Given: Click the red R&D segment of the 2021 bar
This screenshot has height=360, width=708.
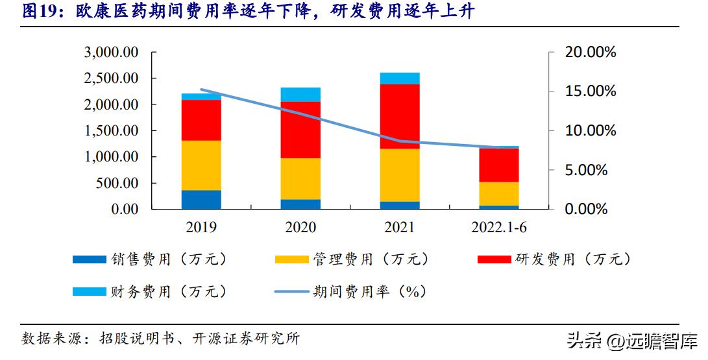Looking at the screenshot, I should (400, 117).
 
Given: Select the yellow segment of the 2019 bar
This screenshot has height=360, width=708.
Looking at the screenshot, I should (201, 165).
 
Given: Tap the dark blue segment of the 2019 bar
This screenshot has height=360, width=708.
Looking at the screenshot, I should (201, 200).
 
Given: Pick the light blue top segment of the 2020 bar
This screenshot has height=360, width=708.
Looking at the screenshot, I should (300, 95).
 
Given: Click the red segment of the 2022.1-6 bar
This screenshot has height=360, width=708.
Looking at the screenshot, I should (499, 165).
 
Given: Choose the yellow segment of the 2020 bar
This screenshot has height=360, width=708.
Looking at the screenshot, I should (300, 178).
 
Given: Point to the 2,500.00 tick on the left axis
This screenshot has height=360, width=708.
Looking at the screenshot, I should (112, 78).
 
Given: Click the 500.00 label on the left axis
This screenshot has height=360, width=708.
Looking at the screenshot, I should (117, 183).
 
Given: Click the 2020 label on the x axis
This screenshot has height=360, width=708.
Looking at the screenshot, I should (300, 228).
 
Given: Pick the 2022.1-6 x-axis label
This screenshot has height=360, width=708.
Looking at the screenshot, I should (499, 228).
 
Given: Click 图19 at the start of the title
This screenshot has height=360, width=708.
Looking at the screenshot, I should (39, 12).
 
